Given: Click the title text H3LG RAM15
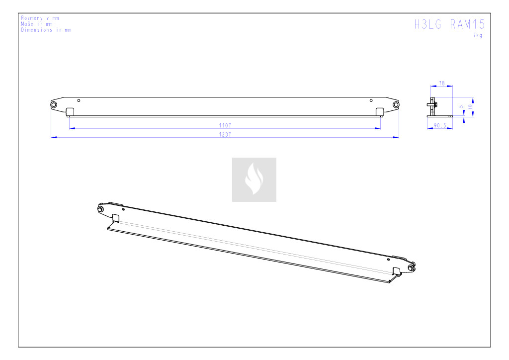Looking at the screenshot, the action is (449, 24).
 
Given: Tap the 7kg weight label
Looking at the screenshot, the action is (478, 35).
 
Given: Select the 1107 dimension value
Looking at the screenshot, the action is (225, 125).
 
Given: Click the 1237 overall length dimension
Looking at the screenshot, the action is (225, 134).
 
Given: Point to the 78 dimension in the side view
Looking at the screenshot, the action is (442, 84).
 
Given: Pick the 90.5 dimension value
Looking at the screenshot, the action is (440, 126).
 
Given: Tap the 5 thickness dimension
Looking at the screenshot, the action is (461, 106).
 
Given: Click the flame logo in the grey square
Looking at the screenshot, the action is (254, 179).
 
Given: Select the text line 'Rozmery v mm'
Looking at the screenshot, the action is (40, 18).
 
